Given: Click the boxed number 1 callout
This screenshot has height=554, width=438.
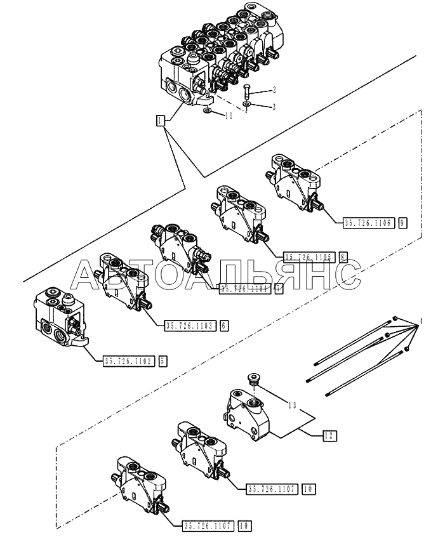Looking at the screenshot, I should click(x=161, y=119).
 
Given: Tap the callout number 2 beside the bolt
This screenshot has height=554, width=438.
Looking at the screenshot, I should click(x=274, y=89).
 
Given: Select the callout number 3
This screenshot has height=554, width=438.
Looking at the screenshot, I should click(x=274, y=106).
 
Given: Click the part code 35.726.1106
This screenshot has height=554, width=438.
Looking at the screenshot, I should click(x=369, y=223).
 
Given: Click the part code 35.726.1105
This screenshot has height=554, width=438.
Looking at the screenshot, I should click(x=309, y=257).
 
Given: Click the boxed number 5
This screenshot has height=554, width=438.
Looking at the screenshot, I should click(x=163, y=361).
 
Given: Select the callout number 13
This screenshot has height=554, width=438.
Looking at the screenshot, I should click(x=291, y=404).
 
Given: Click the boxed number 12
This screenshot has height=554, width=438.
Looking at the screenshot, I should click(x=328, y=436).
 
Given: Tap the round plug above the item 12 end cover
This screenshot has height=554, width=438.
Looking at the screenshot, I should click(x=253, y=380).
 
